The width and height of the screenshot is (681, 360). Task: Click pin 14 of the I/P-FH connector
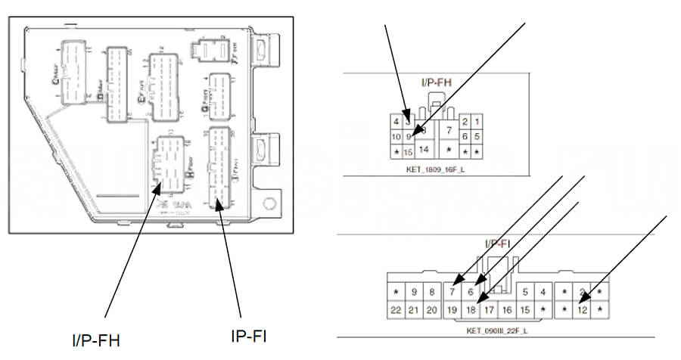424,150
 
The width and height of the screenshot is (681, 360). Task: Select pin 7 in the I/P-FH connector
449,132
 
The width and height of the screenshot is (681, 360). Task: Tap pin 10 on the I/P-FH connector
396,137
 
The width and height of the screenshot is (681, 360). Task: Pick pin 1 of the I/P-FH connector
477,121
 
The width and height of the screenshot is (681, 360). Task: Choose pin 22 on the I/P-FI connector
396,309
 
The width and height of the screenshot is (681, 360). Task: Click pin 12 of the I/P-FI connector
583,309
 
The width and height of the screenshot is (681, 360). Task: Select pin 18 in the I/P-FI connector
471,309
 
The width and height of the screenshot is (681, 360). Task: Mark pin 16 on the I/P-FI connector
508,309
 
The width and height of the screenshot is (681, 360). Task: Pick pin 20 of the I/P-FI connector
432,309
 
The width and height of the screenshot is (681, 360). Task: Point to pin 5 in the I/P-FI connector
526,292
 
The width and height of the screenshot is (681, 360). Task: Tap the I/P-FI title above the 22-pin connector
499,244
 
